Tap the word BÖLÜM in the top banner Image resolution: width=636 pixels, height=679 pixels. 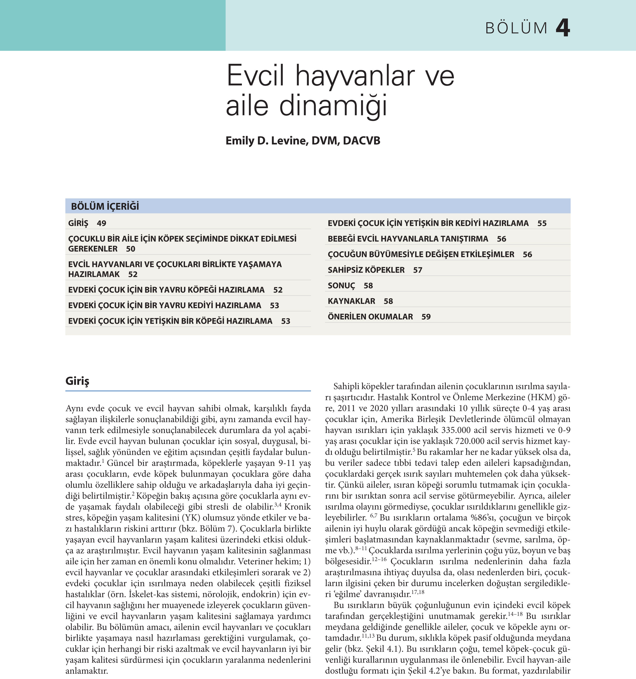tap(516, 28)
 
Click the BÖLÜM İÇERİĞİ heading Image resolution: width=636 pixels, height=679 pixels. tap(105, 206)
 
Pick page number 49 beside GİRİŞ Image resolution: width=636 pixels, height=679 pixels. tap(102, 223)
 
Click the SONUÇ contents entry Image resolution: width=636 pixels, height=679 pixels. tap(341, 286)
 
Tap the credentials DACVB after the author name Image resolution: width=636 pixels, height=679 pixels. tap(361, 141)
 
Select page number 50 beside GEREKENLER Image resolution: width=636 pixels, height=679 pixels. tap(131, 249)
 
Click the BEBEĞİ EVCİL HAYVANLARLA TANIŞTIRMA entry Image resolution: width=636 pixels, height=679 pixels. tap(408, 239)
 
